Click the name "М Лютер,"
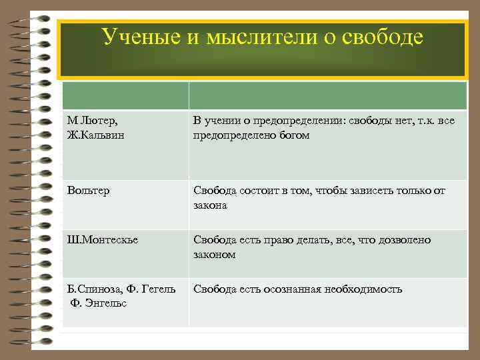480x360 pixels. coord(93,121)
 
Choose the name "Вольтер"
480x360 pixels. coord(88,191)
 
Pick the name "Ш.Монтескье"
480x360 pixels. coord(102,240)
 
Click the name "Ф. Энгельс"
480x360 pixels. coord(99,304)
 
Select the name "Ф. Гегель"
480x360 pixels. coord(151,289)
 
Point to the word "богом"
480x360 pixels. coord(294,135)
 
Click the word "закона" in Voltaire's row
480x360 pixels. coord(210,205)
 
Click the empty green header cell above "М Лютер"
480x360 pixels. coord(125,96)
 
